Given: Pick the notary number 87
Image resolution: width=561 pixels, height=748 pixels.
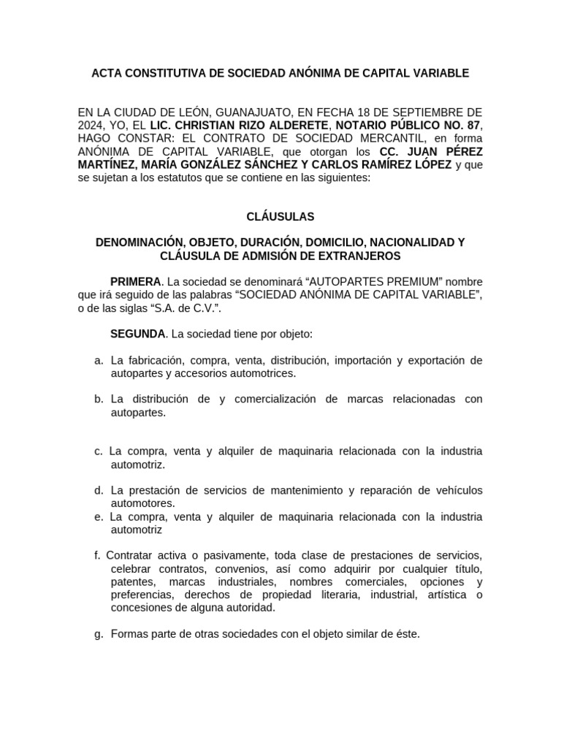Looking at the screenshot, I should pyautogui.click(x=470, y=125).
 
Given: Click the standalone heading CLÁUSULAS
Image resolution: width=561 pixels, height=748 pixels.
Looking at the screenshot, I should pyautogui.click(x=280, y=216).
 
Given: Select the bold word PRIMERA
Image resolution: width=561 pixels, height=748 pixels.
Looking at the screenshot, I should pyautogui.click(x=135, y=282).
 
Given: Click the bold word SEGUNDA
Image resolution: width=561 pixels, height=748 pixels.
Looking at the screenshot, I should pyautogui.click(x=137, y=334).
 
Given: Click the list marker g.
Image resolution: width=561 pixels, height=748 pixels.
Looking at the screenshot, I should pyautogui.click(x=99, y=633).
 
